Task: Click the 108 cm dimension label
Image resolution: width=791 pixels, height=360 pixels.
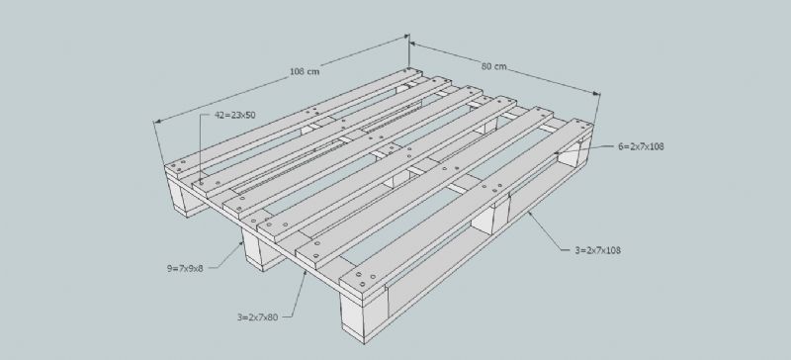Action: [305, 71]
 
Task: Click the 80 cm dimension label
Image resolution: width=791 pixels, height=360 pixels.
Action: [493, 66]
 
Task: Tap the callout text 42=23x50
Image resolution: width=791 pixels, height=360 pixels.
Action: [235, 115]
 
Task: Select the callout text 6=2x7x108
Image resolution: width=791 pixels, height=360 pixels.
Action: [641, 147]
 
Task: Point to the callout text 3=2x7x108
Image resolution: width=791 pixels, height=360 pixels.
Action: [598, 250]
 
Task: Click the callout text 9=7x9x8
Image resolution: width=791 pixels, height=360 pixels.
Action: [185, 269]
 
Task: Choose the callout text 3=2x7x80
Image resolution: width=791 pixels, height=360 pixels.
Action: [258, 317]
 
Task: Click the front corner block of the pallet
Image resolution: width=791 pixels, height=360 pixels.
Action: [362, 315]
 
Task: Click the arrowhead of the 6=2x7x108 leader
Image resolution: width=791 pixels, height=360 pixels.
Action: [556, 152]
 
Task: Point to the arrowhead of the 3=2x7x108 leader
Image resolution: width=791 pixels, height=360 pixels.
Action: [529, 214]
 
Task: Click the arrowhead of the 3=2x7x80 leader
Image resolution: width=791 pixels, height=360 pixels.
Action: [305, 273]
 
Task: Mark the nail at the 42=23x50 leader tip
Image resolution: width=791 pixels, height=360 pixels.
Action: [201, 181]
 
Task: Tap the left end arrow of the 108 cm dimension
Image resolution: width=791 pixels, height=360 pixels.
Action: [157, 122]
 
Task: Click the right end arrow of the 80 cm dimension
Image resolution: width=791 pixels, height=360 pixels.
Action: [597, 93]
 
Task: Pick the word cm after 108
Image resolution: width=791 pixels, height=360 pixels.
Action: [312, 71]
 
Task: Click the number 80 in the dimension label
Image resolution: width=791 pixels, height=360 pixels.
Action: [486, 65]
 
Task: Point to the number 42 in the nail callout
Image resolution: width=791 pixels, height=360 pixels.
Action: [219, 115]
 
